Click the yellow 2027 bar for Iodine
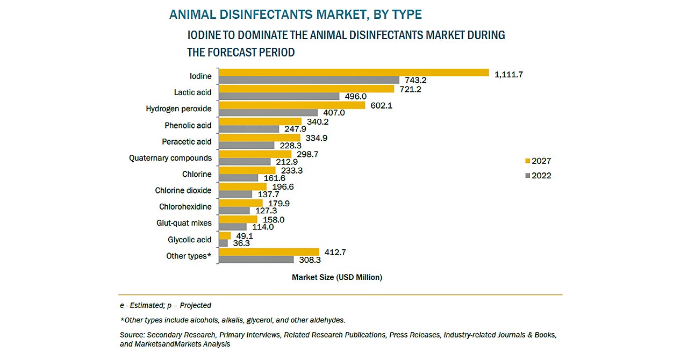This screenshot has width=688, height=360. point(355,73)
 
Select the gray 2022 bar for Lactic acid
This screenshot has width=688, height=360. point(280,96)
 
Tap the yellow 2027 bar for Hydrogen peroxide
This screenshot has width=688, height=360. point(293,105)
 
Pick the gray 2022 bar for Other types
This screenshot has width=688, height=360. point(257,260)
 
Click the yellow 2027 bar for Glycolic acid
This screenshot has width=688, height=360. point(225,235)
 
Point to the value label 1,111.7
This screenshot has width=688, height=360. point(508,74)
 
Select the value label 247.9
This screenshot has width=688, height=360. point(296,129)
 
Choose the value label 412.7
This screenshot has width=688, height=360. point(336,251)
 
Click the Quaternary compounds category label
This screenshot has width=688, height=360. point(170,158)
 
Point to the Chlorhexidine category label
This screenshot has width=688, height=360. point(185,207)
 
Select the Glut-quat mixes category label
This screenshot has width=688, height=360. point(184,223)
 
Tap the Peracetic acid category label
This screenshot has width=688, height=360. point(187,142)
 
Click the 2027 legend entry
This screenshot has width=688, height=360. point(538,161)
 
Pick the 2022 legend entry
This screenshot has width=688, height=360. point(538,175)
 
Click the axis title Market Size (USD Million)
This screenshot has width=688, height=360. point(337,277)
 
